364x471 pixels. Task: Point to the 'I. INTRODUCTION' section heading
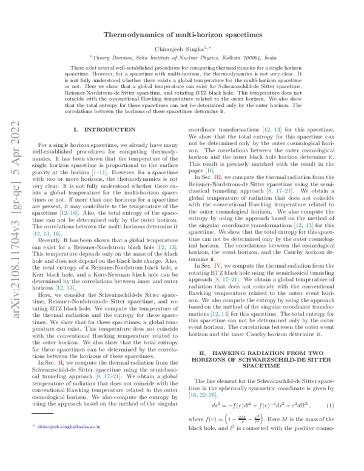click(x=104, y=130)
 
